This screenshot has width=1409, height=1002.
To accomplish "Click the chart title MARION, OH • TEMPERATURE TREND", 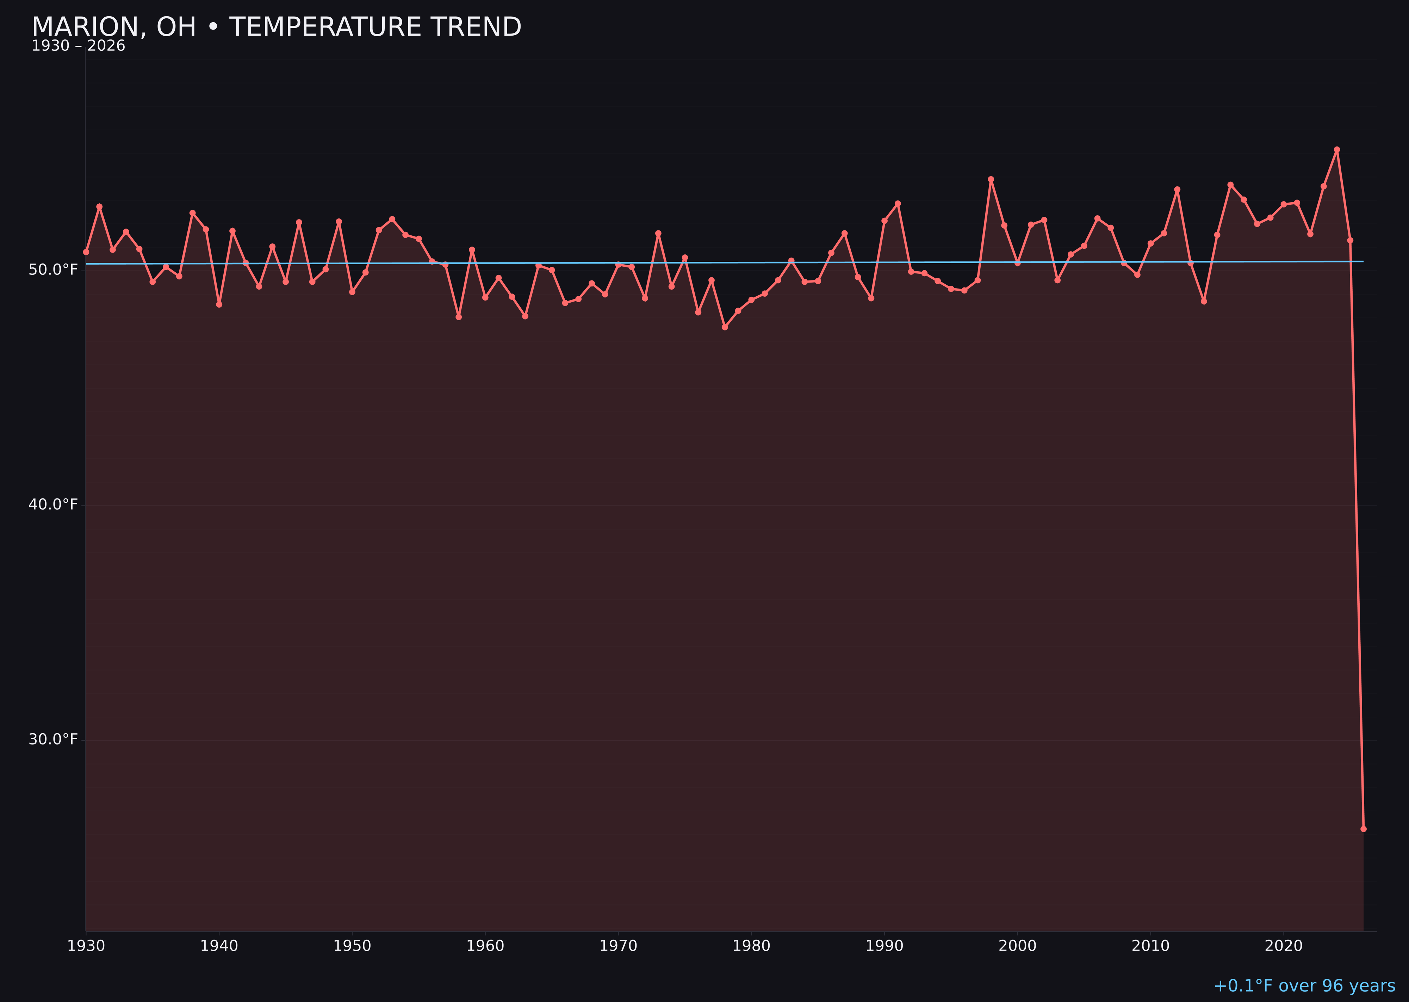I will (277, 27).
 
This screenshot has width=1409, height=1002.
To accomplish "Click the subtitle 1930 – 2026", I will (78, 46).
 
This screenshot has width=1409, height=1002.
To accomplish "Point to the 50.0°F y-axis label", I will (53, 270).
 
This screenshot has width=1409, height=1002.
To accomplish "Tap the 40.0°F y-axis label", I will (53, 505).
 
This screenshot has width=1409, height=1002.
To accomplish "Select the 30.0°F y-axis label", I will (53, 739).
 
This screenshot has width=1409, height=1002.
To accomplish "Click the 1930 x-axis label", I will (86, 946).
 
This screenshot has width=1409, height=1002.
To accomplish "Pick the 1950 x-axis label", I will (352, 946).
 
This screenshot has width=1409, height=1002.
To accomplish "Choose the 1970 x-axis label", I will (618, 946).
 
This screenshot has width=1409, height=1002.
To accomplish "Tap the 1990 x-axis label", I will (884, 946).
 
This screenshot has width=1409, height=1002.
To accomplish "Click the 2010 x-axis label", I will (1150, 946).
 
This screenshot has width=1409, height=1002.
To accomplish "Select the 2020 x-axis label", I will (1284, 946).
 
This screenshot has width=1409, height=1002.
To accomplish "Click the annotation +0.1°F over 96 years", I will (1304, 986).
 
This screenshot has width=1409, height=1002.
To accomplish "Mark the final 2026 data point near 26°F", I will (1363, 829).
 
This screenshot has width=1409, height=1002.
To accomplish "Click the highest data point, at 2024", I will (1337, 149).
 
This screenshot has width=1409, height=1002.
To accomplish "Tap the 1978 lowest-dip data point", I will (725, 327).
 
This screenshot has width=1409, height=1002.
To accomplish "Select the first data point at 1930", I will (86, 252).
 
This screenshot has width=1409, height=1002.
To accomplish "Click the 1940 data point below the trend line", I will (219, 304).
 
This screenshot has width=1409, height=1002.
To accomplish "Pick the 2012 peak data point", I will (1177, 190).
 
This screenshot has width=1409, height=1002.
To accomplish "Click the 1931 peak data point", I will (99, 206).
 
